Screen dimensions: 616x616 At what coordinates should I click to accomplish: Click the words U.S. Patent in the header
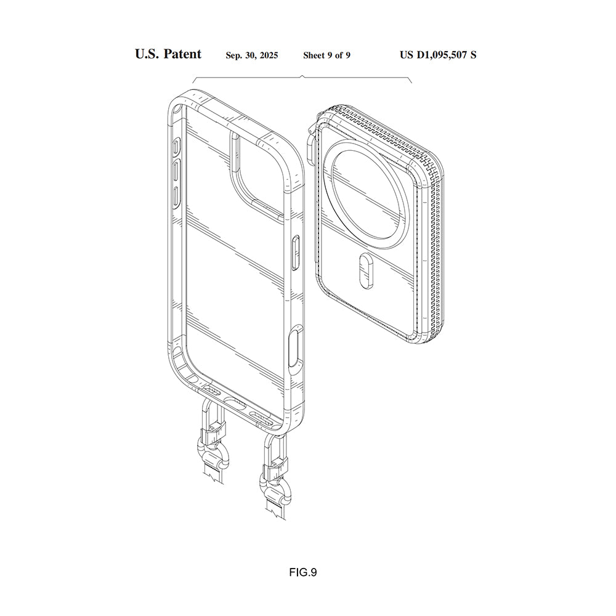tap(168, 54)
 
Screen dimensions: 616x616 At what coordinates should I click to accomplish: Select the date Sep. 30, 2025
tap(251, 55)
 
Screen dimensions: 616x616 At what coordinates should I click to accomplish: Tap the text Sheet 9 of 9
tap(326, 55)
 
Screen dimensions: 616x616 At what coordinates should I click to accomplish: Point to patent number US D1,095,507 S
tap(437, 55)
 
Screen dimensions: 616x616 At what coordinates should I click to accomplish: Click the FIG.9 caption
tap(302, 572)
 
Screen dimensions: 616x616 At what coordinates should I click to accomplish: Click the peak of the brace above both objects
tap(302, 76)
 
